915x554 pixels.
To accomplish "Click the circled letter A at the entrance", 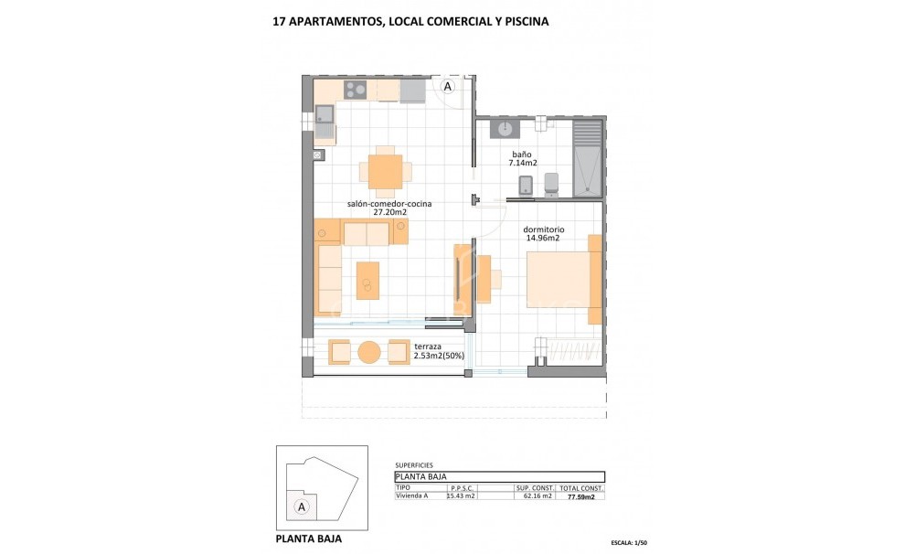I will pyautogui.click(x=448, y=85).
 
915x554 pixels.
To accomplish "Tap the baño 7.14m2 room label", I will pyautogui.click(x=521, y=159).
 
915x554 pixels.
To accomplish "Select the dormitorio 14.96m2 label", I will pyautogui.click(x=543, y=234).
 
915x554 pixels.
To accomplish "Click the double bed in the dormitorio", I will pyautogui.click(x=561, y=279).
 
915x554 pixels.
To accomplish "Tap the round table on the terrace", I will pyautogui.click(x=369, y=352).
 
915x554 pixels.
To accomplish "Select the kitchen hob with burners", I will pyautogui.click(x=355, y=90).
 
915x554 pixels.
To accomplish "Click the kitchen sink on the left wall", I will pyautogui.click(x=325, y=114).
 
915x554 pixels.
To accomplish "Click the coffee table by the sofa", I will pyautogui.click(x=367, y=280).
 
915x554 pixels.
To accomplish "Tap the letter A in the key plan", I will pyautogui.click(x=299, y=506).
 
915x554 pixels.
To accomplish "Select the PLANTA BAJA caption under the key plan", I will pyautogui.click(x=309, y=538).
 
